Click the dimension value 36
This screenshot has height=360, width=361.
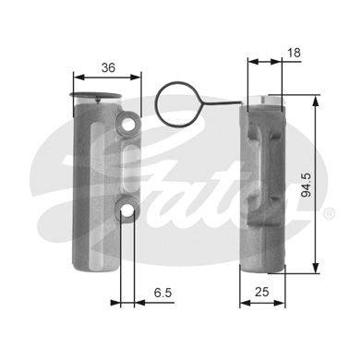(108, 67)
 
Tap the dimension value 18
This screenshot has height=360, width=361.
(294, 53)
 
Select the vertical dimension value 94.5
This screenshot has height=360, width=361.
(307, 185)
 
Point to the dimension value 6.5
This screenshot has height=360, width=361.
(162, 293)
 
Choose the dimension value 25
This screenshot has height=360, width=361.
(262, 292)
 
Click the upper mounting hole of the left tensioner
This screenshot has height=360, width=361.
(126, 125)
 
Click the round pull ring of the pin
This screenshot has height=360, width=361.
(175, 103)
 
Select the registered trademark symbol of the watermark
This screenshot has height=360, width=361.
(329, 213)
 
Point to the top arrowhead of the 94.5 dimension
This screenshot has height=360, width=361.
(316, 101)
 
